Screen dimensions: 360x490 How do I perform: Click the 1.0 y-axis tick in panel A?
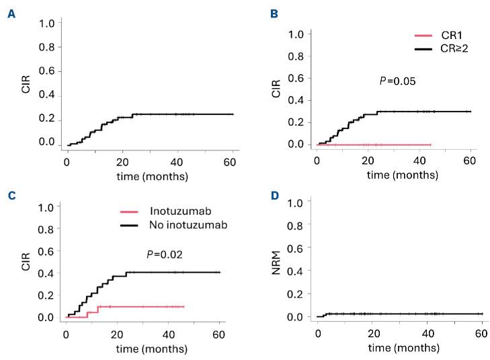[46, 24]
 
